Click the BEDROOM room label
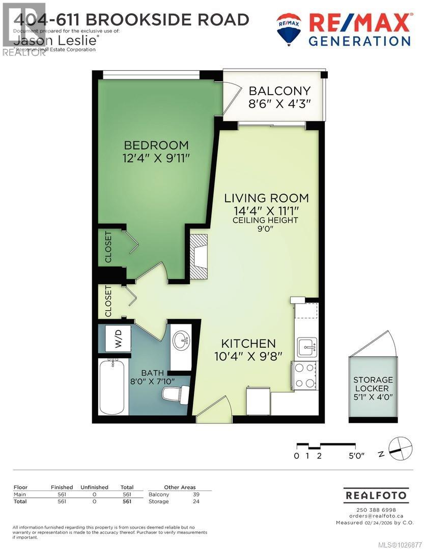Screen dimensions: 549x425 (x=156, y=145)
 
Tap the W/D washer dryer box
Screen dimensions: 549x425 (x=118, y=337)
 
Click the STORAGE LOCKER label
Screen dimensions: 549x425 (x=374, y=384)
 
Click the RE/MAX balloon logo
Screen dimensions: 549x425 (x=289, y=28)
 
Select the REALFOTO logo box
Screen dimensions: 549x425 (x=376, y=495)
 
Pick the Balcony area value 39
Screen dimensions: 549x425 (x=196, y=494)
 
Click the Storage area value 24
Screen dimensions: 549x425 (x=196, y=501)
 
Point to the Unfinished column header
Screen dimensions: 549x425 (x=94, y=487)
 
